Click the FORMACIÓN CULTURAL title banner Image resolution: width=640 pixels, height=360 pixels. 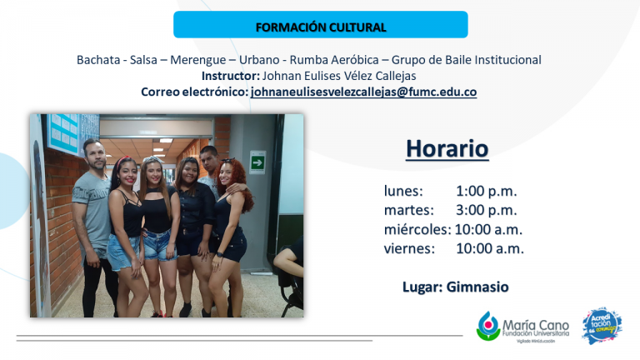[x=320, y=24]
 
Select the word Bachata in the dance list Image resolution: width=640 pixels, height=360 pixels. [x=98, y=60]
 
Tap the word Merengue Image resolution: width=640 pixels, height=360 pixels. [x=198, y=60]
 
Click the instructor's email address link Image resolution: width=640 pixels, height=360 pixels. [x=363, y=92]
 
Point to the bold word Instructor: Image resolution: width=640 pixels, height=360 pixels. [x=231, y=76]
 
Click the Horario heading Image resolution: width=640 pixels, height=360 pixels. [x=447, y=148]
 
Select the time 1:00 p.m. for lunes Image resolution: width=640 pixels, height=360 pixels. [x=487, y=191]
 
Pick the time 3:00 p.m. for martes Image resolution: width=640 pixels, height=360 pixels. [x=487, y=210]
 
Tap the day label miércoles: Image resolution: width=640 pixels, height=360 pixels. [x=417, y=229]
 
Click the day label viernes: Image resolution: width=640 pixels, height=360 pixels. [x=409, y=248]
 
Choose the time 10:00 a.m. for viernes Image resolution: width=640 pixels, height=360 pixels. [x=490, y=248]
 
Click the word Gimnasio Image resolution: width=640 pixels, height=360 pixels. [x=477, y=287]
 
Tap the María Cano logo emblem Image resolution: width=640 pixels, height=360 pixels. [x=488, y=326]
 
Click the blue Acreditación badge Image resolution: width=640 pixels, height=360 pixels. [x=602, y=326]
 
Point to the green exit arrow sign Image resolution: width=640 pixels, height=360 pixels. [x=257, y=162]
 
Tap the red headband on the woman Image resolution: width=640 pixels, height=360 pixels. [x=121, y=161]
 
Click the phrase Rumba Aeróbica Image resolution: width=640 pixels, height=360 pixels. [x=334, y=60]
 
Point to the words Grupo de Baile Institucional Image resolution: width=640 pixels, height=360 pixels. [x=467, y=60]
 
